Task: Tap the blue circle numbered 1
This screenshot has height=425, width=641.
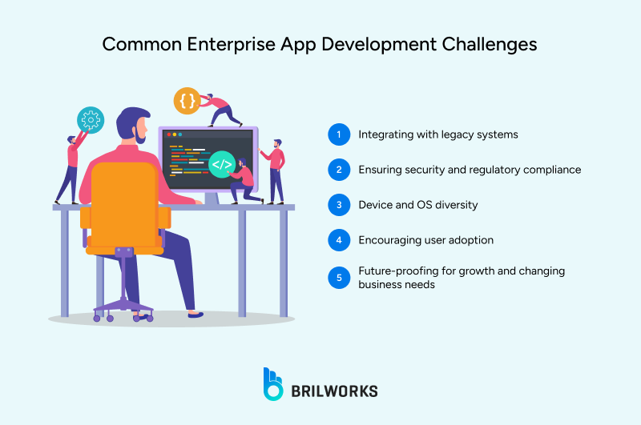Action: click(340, 134)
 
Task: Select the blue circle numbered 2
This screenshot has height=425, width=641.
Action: click(340, 170)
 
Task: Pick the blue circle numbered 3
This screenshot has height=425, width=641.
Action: click(340, 205)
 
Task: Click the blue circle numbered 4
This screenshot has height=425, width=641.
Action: click(340, 240)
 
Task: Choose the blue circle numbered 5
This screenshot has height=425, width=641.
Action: click(340, 278)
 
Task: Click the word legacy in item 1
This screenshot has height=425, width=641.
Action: click(455, 134)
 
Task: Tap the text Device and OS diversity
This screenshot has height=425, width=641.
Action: click(417, 205)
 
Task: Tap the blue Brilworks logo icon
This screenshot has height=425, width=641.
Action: click(273, 383)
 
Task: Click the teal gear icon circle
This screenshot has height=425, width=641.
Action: click(91, 120)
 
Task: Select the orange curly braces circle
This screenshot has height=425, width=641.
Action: click(187, 101)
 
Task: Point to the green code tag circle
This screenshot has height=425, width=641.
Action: click(221, 165)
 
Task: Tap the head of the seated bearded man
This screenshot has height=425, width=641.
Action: click(133, 125)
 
